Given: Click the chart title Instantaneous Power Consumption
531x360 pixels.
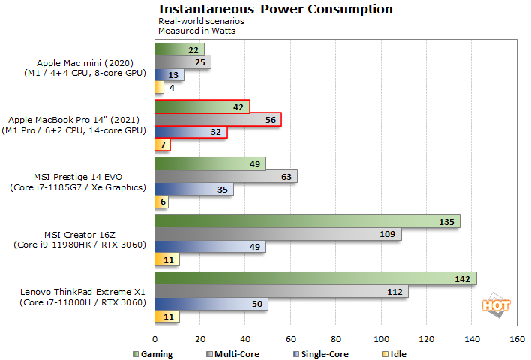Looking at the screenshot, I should pos(275,10).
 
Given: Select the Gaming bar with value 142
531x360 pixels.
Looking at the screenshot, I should pos(315,278).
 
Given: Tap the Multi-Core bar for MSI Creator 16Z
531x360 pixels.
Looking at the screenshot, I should pos(277,235).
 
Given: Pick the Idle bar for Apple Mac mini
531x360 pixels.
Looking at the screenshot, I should pos(159,88).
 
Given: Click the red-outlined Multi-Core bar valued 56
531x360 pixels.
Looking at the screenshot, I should pos(217,119).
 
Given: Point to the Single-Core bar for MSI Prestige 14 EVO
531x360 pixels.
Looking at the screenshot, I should pos(193,190).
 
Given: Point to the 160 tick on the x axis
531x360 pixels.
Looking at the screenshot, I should pos(517,340).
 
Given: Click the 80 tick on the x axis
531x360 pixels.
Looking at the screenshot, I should pos(336,340).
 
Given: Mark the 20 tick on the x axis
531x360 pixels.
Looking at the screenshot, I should pos(200,340).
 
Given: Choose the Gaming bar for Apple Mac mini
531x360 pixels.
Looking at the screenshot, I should pos(179,49).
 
